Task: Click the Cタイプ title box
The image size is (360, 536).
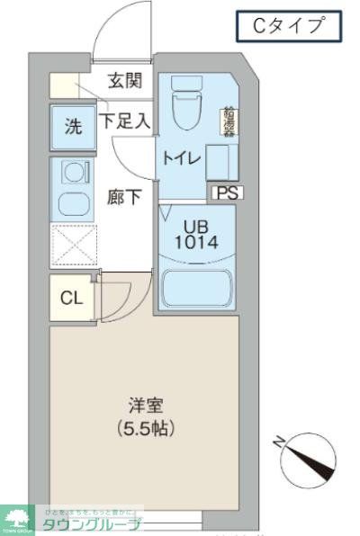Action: tap(289, 26)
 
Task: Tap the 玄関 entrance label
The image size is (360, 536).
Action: tap(125, 81)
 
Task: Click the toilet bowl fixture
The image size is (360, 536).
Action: tap(187, 102)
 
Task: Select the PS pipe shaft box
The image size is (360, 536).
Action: tap(226, 191)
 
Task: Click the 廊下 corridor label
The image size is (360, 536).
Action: tap(125, 197)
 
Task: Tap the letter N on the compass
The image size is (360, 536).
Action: tap(282, 442)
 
